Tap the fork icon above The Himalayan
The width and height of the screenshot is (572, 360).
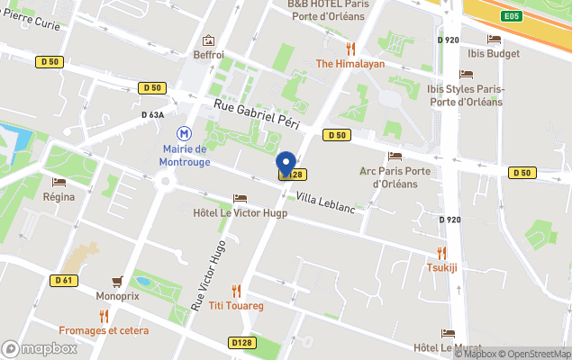click(x=350, y=49)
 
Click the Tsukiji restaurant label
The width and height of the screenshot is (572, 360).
click(x=441, y=267)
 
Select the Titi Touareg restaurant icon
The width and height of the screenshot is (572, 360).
click(x=236, y=291)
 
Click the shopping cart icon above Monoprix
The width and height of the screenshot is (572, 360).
click(x=117, y=281)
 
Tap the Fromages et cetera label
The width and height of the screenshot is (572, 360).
click(x=104, y=330)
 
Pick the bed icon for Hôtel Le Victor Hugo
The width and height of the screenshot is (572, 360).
click(x=240, y=198)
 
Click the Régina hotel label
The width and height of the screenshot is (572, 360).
click(x=59, y=196)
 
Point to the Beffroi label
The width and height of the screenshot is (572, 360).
click(x=208, y=55)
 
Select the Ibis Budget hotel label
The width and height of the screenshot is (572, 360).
click(x=494, y=53)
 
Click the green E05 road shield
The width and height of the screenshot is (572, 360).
click(x=512, y=16)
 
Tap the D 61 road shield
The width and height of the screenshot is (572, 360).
click(x=63, y=280)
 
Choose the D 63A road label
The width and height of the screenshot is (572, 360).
click(x=152, y=115)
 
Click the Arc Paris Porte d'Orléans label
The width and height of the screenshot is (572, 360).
click(x=395, y=177)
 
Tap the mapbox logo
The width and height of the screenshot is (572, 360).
click(x=40, y=348)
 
